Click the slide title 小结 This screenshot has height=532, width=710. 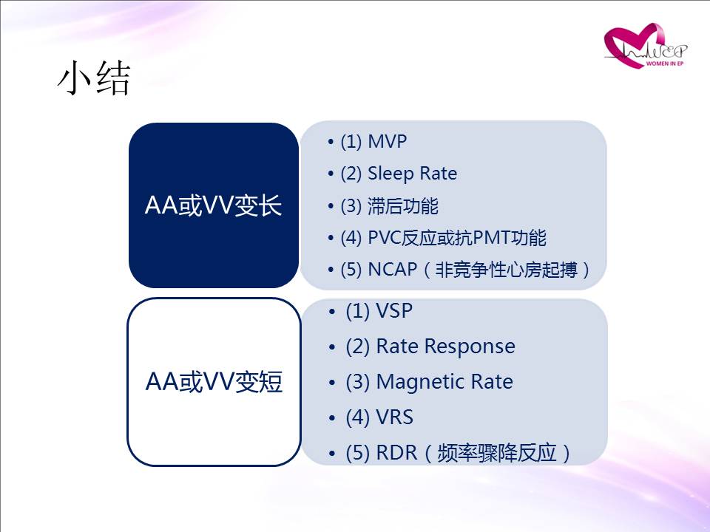(94, 78)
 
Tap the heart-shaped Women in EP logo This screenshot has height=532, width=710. (645, 46)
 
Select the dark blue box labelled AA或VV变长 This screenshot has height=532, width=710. (213, 205)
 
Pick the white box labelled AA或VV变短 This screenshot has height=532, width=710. (214, 381)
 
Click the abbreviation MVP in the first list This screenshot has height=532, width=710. (387, 141)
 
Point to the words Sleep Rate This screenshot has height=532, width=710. (412, 173)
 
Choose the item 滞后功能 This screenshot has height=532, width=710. (402, 206)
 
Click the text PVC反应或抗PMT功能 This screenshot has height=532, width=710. (457, 237)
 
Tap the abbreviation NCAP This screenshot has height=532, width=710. (392, 270)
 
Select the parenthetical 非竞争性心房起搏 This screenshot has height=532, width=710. (506, 270)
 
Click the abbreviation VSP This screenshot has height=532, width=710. (394, 311)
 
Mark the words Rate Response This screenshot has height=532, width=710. (445, 347)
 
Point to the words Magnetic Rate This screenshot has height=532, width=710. (444, 382)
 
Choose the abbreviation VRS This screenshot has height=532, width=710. (395, 417)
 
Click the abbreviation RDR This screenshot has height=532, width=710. (396, 452)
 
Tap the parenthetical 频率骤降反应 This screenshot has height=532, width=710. (497, 453)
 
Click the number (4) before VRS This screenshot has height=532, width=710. (358, 417)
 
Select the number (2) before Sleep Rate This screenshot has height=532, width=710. (351, 174)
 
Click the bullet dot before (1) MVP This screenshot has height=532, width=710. (331, 142)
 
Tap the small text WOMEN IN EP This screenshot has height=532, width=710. (665, 64)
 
